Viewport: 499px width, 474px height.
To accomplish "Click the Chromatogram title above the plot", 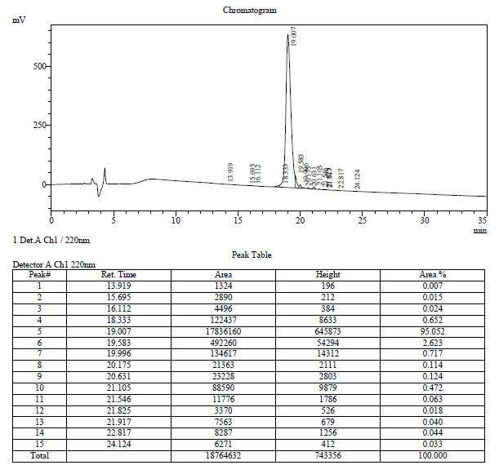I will click(249, 11).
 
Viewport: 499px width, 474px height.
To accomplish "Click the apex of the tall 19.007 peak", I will click(287, 35).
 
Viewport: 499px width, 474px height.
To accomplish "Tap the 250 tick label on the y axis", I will click(38, 126).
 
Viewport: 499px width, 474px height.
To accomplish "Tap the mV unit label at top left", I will click(19, 19).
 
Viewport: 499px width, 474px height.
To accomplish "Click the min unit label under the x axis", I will click(480, 230).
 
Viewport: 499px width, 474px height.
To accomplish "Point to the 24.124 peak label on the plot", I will click(358, 178).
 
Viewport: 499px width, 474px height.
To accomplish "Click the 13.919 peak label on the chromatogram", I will click(230, 171).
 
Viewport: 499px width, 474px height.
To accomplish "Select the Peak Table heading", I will click(251, 255).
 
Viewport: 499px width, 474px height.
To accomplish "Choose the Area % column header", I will click(432, 274).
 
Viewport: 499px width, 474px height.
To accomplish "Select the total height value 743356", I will click(327, 455).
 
